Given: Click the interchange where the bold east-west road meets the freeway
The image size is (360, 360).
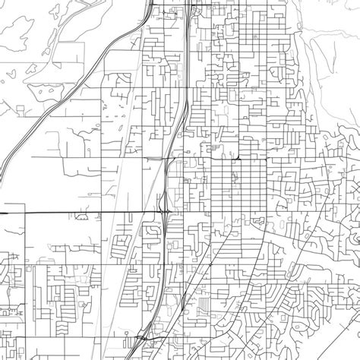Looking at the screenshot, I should pos(165,210).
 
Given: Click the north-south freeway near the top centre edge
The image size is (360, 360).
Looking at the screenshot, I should pos(187,30).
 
